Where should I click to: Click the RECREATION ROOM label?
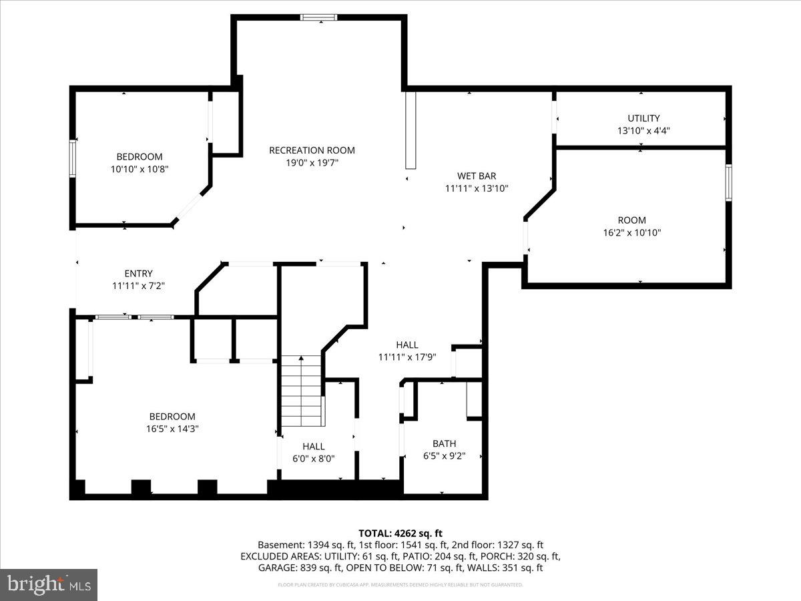312,150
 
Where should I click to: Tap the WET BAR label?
476,176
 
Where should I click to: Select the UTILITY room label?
643,118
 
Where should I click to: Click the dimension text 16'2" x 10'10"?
631,233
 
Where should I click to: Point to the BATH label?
444,443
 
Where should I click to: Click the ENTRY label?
138,273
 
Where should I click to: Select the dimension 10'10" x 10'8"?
140,170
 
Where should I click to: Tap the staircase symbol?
302,391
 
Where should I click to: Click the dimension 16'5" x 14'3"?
172,429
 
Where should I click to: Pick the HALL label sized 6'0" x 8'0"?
313,446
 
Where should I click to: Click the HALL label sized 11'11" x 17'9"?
407,345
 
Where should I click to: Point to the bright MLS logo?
49,585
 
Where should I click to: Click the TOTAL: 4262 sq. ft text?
400,533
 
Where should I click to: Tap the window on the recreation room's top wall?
319,17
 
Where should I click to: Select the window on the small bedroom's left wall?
73,158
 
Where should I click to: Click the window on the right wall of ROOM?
728,182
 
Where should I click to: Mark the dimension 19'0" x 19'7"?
312,163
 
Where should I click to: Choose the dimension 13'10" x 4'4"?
643,131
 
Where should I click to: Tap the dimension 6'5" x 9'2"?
444,456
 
